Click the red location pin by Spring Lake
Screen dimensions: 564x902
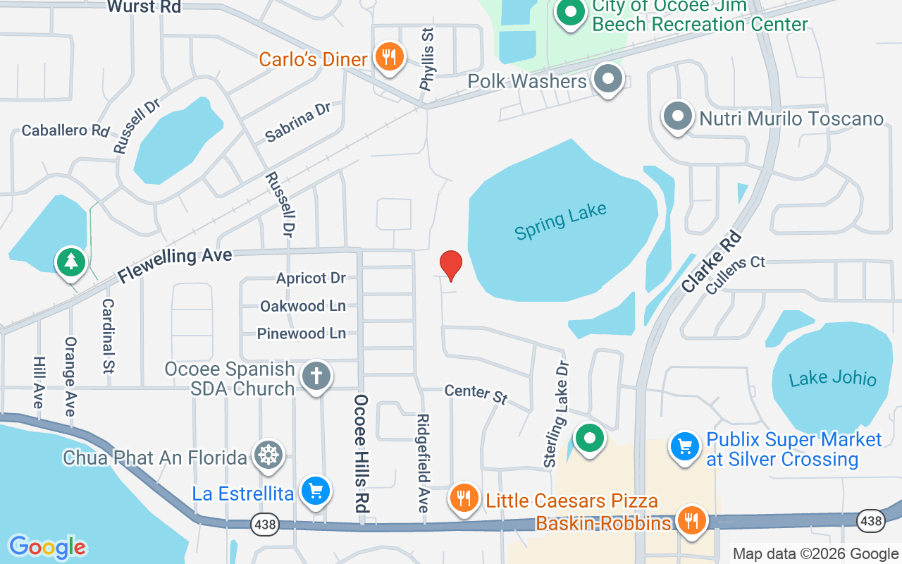click(x=451, y=265)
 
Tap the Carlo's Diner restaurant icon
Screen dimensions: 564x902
click(x=388, y=56)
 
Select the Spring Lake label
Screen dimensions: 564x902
click(x=560, y=221)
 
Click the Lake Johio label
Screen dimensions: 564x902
click(x=832, y=379)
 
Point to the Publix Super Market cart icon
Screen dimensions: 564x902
click(x=684, y=446)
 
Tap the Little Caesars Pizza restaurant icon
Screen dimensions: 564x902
click(x=463, y=498)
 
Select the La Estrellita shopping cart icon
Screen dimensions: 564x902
click(x=315, y=491)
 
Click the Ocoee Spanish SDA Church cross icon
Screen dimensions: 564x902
click(x=316, y=376)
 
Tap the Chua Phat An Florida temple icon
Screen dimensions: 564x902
click(x=268, y=455)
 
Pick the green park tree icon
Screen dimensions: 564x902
click(x=70, y=262)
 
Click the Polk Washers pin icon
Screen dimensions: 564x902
click(x=608, y=79)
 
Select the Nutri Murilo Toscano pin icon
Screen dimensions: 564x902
click(x=678, y=117)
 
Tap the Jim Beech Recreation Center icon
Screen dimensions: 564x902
click(x=572, y=13)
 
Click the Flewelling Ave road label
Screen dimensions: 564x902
click(x=175, y=264)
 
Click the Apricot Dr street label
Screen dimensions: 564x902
click(x=311, y=278)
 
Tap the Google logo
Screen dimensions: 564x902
click(x=47, y=547)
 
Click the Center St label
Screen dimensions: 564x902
click(x=476, y=393)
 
